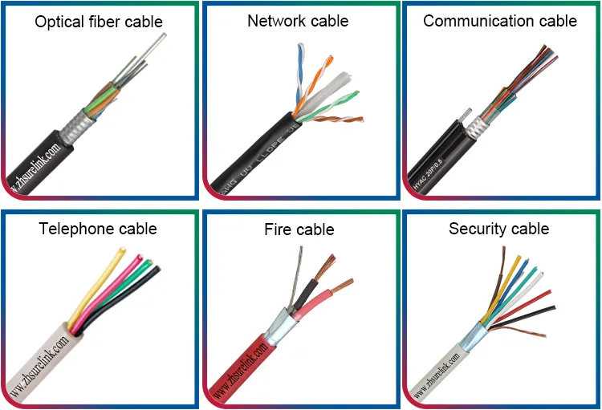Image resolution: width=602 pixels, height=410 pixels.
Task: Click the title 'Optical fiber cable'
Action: [99, 22]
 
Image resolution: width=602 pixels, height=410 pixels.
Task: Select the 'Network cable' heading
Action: [298, 21]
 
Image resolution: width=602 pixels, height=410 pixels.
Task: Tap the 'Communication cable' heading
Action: [499, 21]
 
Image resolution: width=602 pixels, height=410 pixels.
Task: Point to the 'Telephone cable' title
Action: [98, 229]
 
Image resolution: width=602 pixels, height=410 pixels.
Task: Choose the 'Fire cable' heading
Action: [299, 230]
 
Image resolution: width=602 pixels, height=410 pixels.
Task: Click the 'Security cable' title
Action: [498, 229]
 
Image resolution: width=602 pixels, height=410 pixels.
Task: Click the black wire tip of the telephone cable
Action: [157, 270]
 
